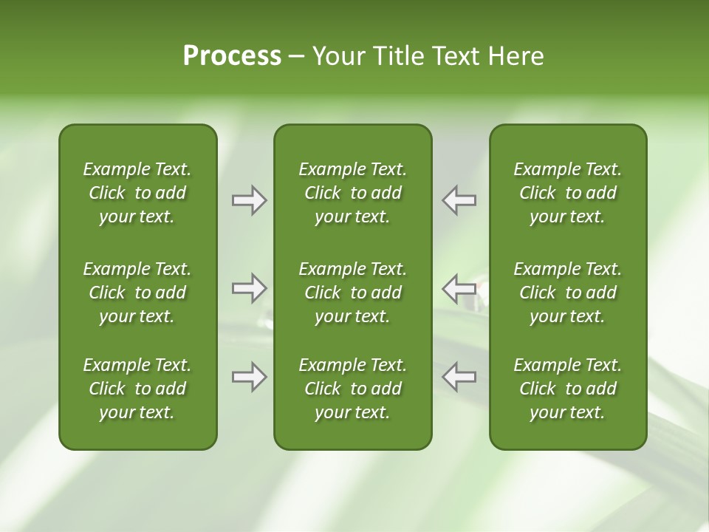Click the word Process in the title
(x=232, y=56)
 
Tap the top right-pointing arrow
(x=249, y=200)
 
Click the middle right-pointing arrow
(x=249, y=287)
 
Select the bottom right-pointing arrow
(x=249, y=377)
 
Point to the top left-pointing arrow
(x=459, y=200)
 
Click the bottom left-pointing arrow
(x=459, y=377)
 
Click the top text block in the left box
(x=137, y=193)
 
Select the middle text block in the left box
(x=137, y=293)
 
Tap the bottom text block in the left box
(x=137, y=389)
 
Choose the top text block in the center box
(x=352, y=193)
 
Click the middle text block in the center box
(x=352, y=293)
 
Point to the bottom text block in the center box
(x=352, y=389)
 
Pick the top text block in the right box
(x=567, y=193)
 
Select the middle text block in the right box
(x=567, y=293)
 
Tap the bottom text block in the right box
(x=567, y=389)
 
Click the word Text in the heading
(x=450, y=56)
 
